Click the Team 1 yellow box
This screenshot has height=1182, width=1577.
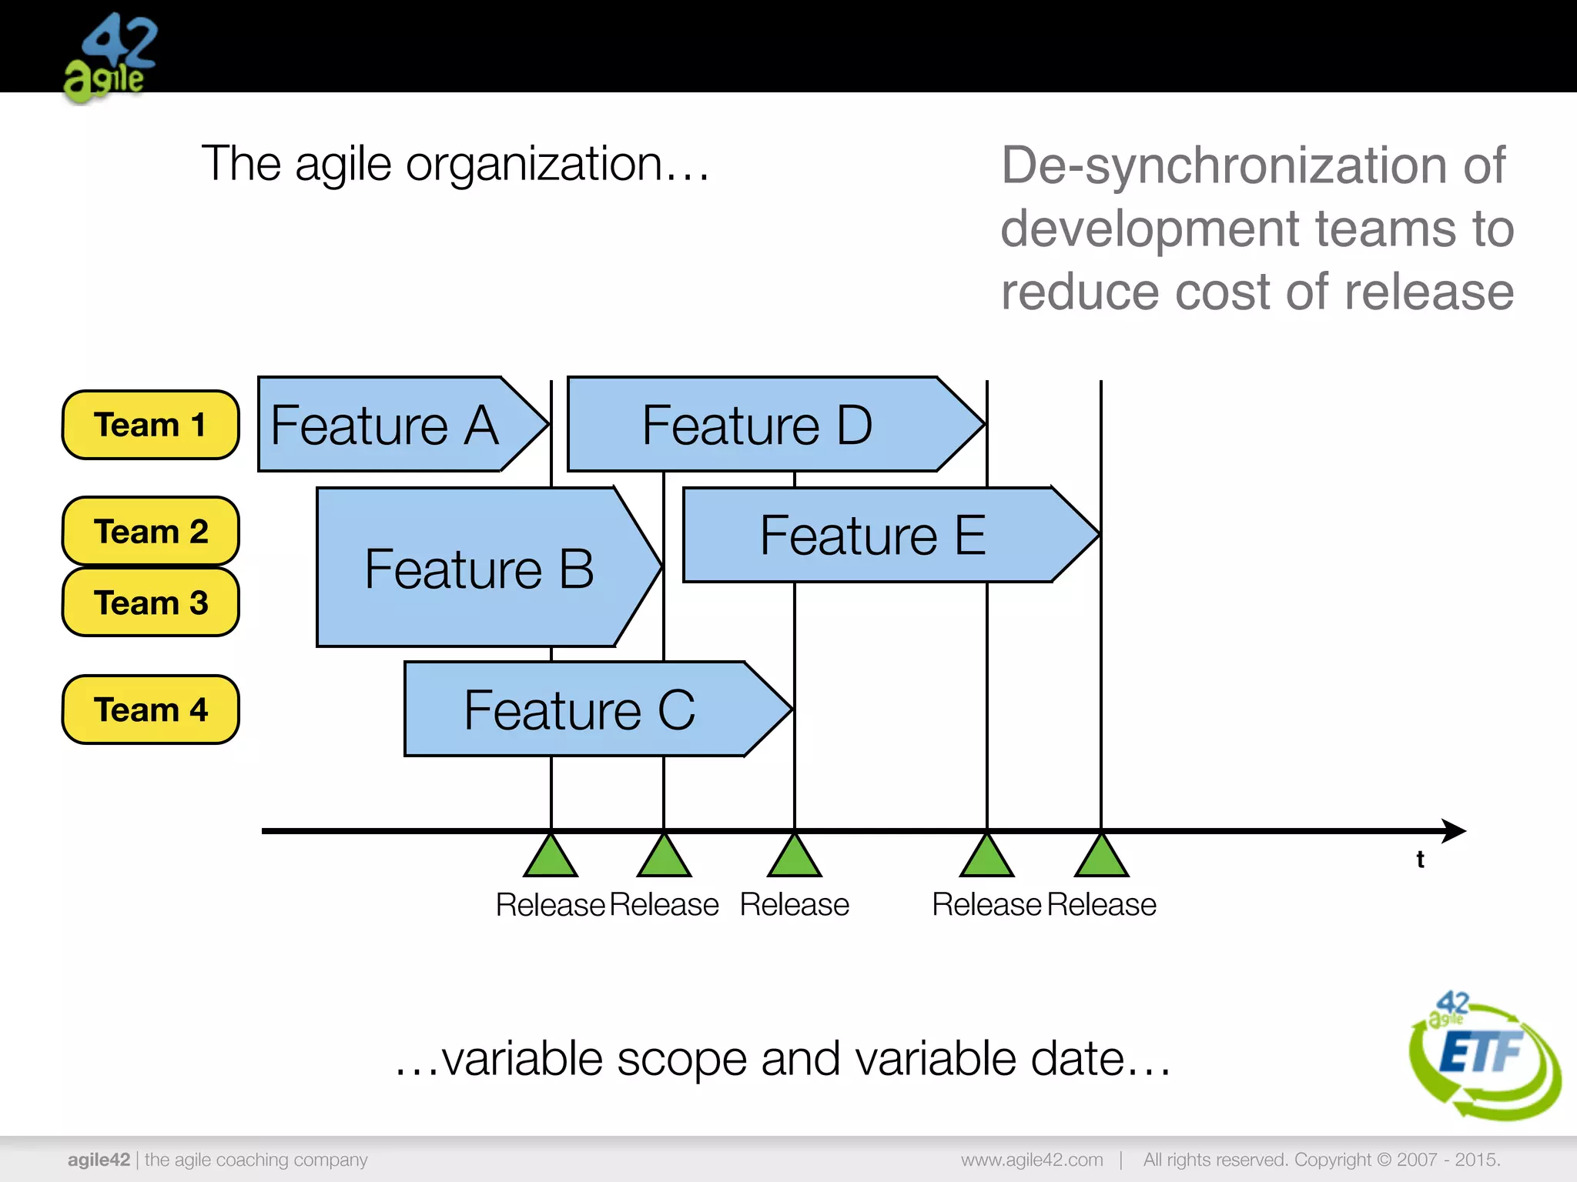150,425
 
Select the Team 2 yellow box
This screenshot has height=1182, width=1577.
150,531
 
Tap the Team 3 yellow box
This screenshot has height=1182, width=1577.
150,602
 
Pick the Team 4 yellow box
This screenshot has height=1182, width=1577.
150,709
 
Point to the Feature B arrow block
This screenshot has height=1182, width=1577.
477,568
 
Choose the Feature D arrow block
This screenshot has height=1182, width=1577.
758,425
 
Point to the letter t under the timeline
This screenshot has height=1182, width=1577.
1420,860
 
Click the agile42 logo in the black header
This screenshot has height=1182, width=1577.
110,58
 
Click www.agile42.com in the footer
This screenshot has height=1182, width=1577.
1031,1160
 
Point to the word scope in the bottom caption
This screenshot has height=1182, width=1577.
681,1059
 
